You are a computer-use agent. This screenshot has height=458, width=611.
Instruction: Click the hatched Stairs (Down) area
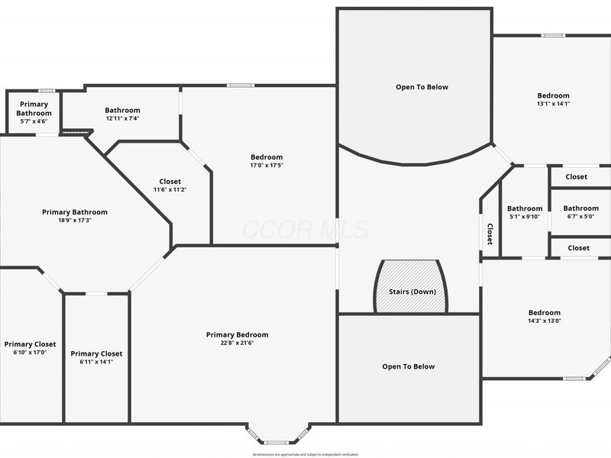point(410,286)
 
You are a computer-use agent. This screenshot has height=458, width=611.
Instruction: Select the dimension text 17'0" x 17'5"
point(266,166)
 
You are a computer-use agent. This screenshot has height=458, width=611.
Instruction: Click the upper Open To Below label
point(422,87)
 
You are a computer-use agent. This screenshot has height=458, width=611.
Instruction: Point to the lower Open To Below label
point(408,366)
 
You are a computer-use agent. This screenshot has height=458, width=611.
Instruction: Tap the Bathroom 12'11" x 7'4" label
point(122,114)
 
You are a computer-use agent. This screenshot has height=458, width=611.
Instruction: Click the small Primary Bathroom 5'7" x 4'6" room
point(34,112)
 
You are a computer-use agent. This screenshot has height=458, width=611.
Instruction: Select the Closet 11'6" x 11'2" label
point(170,185)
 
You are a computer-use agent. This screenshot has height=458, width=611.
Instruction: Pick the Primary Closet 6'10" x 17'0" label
point(30,348)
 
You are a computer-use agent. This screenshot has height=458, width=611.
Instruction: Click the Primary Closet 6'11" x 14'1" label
point(96,357)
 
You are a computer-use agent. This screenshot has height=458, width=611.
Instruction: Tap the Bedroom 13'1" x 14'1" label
point(553,99)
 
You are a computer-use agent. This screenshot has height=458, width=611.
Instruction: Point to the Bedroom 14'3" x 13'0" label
point(544,317)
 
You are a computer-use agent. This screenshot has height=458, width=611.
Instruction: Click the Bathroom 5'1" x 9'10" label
point(525,212)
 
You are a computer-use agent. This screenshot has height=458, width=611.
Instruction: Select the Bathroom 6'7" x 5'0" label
point(580,211)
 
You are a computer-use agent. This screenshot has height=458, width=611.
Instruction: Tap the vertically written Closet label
point(490,234)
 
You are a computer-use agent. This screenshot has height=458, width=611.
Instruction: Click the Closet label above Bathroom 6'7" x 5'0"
point(577,176)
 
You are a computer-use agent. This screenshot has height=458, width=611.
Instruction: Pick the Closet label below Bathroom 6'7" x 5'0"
point(578,247)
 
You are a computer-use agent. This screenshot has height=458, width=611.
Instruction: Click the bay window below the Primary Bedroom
point(277,435)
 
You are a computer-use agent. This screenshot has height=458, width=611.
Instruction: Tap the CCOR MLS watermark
point(305,229)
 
